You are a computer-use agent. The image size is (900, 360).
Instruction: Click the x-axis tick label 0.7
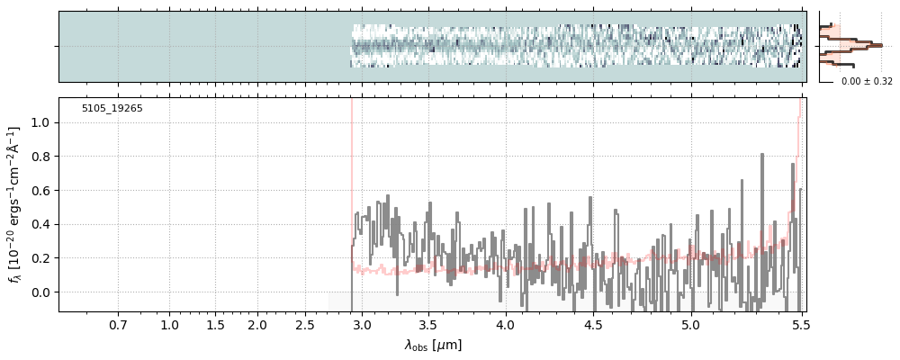click(118, 324)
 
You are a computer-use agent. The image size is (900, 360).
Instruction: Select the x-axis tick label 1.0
click(170, 324)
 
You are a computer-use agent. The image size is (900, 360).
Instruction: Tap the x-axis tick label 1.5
click(215, 324)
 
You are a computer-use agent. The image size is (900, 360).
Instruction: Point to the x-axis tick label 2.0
click(257, 324)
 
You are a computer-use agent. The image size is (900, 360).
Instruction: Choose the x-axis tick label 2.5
click(305, 324)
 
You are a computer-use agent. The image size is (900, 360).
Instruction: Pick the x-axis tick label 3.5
click(428, 324)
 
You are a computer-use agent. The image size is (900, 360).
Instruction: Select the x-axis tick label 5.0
click(689, 324)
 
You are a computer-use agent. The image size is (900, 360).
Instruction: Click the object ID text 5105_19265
click(112, 109)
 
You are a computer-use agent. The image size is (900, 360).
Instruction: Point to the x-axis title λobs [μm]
click(433, 345)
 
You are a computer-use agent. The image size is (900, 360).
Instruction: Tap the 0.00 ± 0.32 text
click(867, 82)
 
